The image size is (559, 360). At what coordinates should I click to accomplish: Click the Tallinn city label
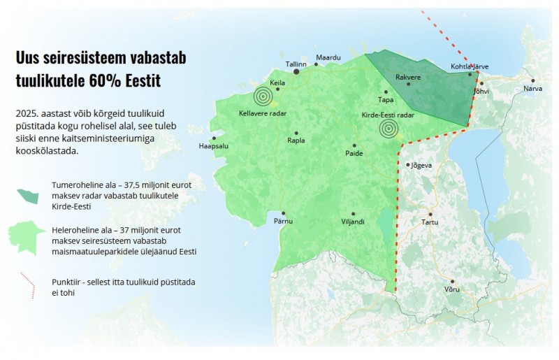296,64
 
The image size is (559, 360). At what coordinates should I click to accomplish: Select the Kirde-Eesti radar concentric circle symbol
389,128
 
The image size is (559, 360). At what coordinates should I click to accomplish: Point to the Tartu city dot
430,214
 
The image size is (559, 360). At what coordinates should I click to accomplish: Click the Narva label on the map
532,89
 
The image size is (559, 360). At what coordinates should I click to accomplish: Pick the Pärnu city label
283,222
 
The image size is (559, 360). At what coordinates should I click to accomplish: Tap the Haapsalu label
214,147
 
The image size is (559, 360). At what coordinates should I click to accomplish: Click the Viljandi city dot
353,213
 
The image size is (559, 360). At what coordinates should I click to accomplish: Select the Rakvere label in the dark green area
408,77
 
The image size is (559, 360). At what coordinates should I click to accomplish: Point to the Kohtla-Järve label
470,67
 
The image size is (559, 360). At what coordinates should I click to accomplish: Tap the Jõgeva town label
422,166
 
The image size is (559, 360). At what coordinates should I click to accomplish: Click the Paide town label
354,154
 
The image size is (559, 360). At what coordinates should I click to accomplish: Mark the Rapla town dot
296,132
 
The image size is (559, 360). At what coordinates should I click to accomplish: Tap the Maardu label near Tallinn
328,57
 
